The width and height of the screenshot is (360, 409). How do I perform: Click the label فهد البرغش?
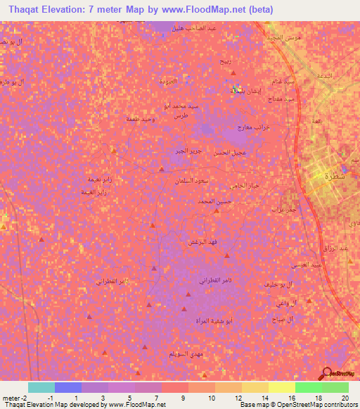pyautogui.click(x=202, y=241)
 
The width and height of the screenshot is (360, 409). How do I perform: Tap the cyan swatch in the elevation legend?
pyautogui.click(x=41, y=387)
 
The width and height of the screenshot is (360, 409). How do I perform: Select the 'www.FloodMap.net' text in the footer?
pyautogui.click(x=135, y=405)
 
